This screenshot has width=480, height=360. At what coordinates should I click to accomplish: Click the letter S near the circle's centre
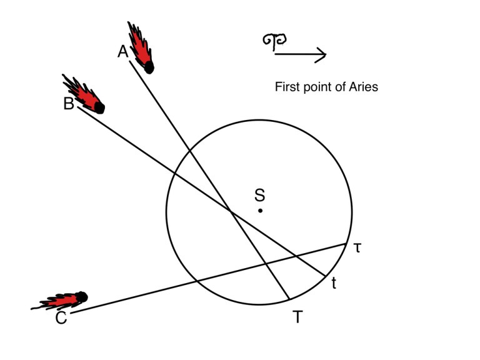tap(260, 195)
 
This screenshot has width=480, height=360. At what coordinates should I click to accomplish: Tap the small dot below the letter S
tap(261, 211)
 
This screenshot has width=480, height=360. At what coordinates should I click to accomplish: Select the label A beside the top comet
tap(123, 52)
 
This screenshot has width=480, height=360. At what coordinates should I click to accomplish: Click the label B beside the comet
tap(69, 104)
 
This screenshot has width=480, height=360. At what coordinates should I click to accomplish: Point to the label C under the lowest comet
tap(61, 319)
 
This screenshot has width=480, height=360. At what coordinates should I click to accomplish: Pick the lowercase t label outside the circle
tap(334, 284)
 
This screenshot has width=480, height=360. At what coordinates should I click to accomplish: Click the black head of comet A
tap(149, 66)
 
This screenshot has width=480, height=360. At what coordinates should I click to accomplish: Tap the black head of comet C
tap(81, 297)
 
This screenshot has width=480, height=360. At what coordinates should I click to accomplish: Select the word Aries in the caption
tap(362, 87)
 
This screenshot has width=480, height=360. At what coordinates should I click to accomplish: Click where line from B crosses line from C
tap(296, 255)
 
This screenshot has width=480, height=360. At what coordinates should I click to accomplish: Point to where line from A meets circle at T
tap(288, 299)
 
